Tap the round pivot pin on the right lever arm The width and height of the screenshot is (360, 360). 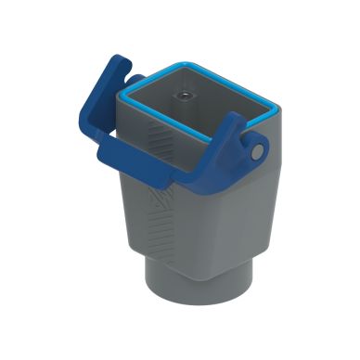point(255,149)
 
